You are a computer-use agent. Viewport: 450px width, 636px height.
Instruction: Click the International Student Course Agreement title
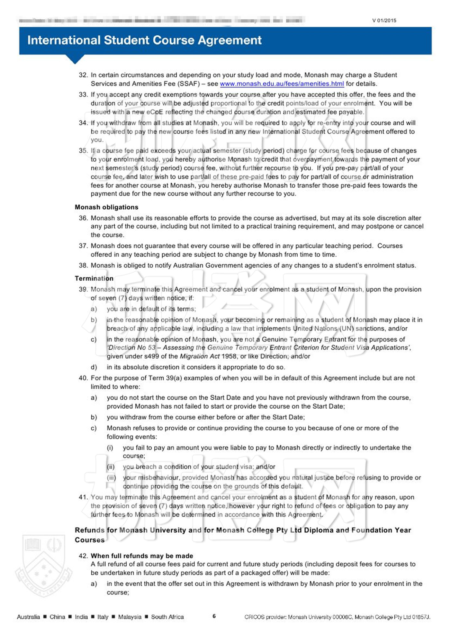click(144, 40)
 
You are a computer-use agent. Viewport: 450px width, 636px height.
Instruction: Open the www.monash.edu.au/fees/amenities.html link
click(282, 84)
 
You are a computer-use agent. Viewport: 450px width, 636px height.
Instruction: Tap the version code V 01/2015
click(384, 21)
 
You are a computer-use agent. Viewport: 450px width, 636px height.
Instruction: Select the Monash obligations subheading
click(106, 207)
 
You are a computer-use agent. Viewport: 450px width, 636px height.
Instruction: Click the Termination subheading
click(94, 278)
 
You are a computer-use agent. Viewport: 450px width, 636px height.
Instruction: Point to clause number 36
click(83, 218)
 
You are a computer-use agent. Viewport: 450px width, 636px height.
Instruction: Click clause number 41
click(83, 497)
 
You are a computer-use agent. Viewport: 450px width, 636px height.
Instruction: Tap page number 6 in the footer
click(214, 616)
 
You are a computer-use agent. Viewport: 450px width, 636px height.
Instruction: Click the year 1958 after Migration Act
click(230, 356)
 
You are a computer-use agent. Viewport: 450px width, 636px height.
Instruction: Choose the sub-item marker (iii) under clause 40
click(111, 477)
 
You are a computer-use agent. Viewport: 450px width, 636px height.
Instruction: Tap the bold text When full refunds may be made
click(142, 556)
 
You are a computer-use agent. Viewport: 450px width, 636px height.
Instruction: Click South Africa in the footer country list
click(167, 617)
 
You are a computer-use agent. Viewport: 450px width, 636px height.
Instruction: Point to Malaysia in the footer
click(130, 617)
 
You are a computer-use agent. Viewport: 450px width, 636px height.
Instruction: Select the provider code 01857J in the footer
click(420, 617)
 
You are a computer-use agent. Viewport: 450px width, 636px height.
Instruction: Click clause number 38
click(83, 265)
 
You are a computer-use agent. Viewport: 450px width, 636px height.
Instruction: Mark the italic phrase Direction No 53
click(132, 348)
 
